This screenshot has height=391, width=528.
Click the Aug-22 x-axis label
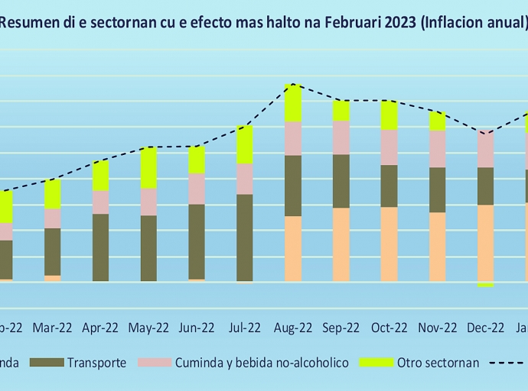(293, 328)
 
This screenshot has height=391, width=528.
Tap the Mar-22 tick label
(53, 328)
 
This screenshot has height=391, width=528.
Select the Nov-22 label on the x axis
(437, 328)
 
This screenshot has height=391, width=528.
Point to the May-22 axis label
(148, 328)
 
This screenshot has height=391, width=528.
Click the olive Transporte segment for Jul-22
(245, 238)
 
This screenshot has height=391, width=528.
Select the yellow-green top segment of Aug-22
(293, 103)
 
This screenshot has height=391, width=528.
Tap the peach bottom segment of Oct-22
(389, 244)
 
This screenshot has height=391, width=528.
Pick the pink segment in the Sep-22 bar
(341, 137)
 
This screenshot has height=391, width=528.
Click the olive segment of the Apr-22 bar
(100, 247)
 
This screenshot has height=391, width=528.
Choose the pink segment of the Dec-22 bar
(485, 149)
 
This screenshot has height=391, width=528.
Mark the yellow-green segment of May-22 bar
(148, 167)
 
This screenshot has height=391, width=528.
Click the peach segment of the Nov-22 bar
(437, 247)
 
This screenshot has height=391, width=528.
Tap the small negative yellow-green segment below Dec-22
(485, 284)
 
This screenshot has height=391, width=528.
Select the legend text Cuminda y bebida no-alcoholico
(262, 363)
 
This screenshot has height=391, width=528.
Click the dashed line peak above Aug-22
(292, 84)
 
